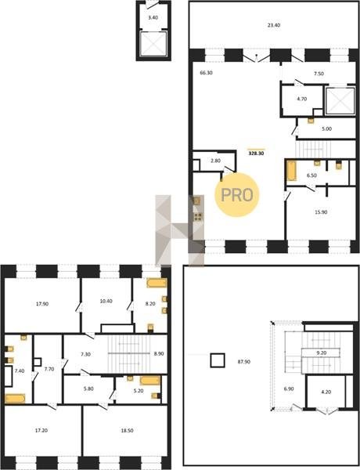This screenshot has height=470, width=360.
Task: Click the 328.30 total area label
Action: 257,154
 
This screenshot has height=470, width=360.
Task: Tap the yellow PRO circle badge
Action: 236,194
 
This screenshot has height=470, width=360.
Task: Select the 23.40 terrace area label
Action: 274,25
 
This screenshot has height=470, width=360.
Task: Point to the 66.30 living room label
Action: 206,73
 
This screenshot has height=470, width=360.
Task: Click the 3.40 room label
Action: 153,17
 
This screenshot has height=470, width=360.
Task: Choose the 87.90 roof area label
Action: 244,362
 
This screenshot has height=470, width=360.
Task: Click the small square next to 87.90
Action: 218,360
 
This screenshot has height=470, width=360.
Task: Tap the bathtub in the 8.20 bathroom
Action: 157,283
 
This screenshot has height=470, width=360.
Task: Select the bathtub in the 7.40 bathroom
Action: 15,399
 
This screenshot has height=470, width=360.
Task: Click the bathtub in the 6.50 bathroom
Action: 291,171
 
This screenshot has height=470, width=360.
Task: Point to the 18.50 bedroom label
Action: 127,430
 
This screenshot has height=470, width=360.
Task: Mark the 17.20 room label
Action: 41,430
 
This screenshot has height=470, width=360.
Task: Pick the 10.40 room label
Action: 106,301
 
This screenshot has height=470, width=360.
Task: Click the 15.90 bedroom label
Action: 321,212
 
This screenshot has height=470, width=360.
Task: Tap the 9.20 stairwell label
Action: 321,352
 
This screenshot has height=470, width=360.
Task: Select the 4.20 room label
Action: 326,392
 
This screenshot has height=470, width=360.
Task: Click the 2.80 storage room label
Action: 215,161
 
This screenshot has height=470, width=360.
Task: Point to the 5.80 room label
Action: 88,389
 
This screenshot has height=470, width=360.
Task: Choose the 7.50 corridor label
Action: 319,74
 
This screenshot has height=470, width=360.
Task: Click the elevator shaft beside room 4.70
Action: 340,101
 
